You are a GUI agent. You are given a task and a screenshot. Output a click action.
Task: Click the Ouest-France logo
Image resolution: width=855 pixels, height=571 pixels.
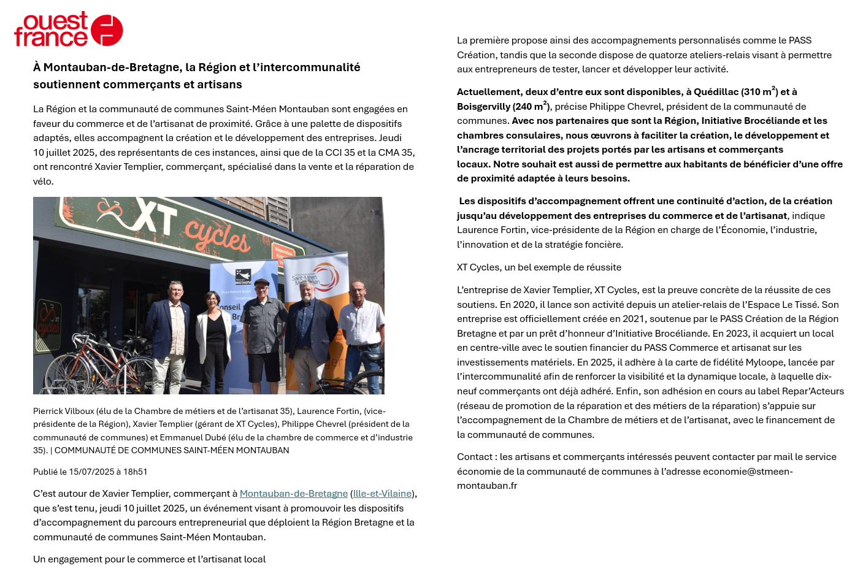(68, 29)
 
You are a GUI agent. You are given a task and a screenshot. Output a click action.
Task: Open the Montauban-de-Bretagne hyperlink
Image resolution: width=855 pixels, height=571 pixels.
(293, 494)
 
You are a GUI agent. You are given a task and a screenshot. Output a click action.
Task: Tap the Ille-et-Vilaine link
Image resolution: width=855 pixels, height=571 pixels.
(382, 494)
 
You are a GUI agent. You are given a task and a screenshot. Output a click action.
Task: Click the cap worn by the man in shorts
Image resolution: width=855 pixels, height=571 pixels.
(262, 282)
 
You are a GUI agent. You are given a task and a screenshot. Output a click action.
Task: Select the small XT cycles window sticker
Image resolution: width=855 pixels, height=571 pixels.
(48, 318)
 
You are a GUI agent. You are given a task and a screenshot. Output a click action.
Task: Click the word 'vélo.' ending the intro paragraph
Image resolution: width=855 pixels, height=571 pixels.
(44, 182)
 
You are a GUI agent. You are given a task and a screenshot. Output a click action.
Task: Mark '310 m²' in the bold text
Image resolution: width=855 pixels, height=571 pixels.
(759, 92)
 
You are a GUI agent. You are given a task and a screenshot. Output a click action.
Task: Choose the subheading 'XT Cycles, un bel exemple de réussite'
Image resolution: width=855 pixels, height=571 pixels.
(539, 267)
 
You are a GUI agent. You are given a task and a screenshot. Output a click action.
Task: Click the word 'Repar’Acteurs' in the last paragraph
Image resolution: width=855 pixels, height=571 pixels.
(812, 391)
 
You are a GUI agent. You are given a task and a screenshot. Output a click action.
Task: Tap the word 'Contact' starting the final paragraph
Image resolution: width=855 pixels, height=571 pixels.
(475, 457)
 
